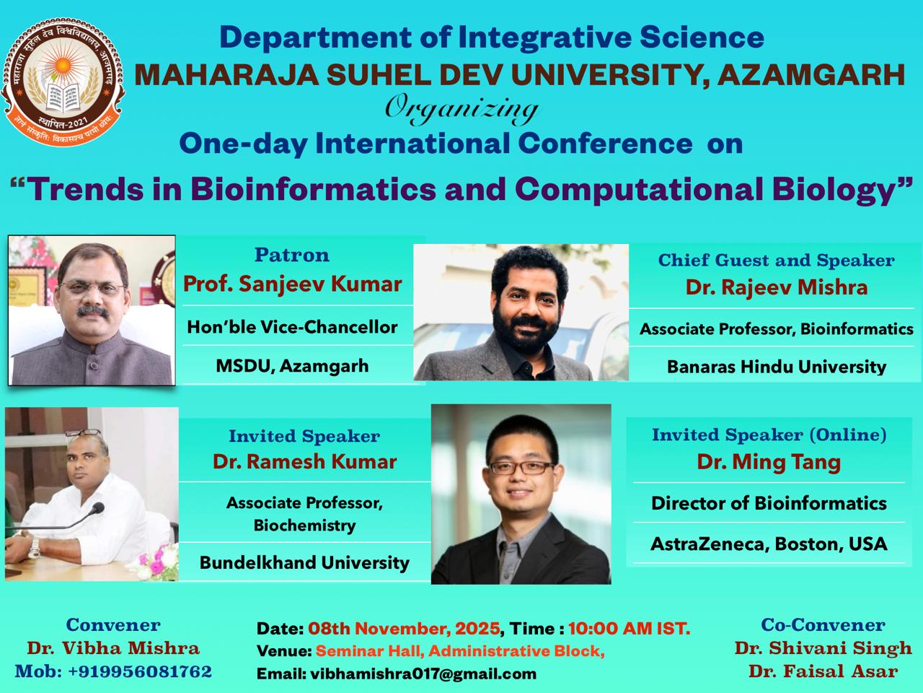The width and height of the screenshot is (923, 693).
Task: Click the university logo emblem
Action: click(x=63, y=82)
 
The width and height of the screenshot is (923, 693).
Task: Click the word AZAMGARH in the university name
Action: click(x=811, y=75)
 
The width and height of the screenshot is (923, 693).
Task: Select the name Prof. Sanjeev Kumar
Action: click(x=292, y=284)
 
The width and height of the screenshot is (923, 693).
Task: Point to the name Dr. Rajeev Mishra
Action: click(x=776, y=287)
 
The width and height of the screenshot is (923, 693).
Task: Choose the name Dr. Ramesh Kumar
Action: click(x=304, y=461)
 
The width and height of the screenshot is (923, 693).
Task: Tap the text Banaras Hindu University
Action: click(x=776, y=367)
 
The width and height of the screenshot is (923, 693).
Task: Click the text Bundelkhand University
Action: click(x=304, y=562)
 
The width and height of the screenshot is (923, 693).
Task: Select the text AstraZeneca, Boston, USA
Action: click(x=769, y=544)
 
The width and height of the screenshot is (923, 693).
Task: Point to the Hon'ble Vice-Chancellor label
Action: click(x=292, y=327)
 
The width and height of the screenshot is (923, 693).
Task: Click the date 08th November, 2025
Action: click(x=404, y=629)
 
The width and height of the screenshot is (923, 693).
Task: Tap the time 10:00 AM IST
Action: click(x=629, y=629)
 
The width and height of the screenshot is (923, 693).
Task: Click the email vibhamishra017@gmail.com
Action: click(x=423, y=674)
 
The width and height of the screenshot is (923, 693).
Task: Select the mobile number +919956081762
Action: click(x=140, y=671)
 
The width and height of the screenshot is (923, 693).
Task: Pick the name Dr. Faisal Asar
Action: click(x=823, y=671)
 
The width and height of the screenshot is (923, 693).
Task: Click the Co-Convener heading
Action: click(x=823, y=625)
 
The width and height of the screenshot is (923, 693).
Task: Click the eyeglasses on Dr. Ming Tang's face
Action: click(x=521, y=468)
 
